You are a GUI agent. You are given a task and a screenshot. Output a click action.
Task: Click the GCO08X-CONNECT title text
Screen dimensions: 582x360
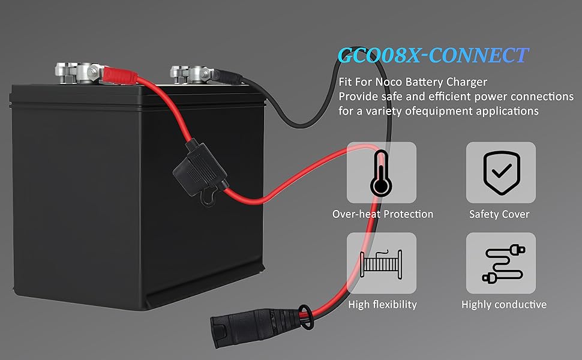(433, 55)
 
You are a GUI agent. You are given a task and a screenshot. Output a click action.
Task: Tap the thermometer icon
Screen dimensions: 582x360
(381, 173)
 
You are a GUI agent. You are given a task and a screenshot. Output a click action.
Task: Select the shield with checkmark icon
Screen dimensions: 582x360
(502, 172)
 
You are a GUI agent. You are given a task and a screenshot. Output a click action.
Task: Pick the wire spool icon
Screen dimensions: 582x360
(381, 264)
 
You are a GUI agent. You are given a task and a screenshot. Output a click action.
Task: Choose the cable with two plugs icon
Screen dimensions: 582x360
(503, 263)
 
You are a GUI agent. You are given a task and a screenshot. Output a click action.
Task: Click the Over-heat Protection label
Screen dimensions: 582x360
(383, 214)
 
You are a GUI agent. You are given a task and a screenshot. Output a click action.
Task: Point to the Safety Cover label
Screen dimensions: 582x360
(499, 214)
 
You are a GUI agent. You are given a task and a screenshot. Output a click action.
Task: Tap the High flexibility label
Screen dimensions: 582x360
(382, 305)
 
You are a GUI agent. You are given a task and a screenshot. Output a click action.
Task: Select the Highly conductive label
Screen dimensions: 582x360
(503, 305)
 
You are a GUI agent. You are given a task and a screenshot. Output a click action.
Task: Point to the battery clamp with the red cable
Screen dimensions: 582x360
(79, 73)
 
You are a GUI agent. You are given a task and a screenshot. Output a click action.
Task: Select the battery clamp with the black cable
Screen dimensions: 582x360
(191, 74)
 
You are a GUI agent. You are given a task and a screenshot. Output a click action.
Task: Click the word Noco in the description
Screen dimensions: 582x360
(389, 82)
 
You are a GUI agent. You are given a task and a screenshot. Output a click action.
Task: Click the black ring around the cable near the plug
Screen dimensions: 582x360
(305, 317)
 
